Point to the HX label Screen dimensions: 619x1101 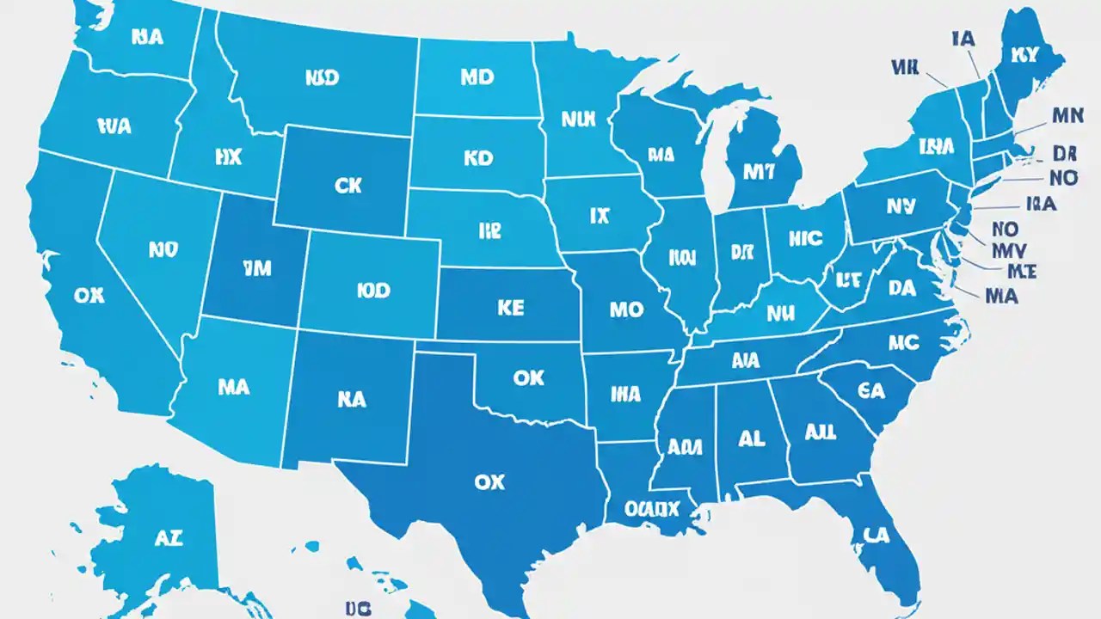coord(228,156)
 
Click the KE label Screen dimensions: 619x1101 coord(509,309)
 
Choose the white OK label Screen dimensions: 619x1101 coord(527,377)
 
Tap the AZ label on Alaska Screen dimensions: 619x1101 coord(169,539)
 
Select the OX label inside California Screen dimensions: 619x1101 coord(89,295)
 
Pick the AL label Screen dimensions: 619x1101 coord(751,438)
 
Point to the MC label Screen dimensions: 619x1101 coord(903,343)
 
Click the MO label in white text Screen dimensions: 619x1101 coord(625,309)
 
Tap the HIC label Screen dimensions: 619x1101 coord(804,238)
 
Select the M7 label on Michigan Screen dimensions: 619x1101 coord(758,171)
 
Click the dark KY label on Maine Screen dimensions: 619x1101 coord(1026,55)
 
